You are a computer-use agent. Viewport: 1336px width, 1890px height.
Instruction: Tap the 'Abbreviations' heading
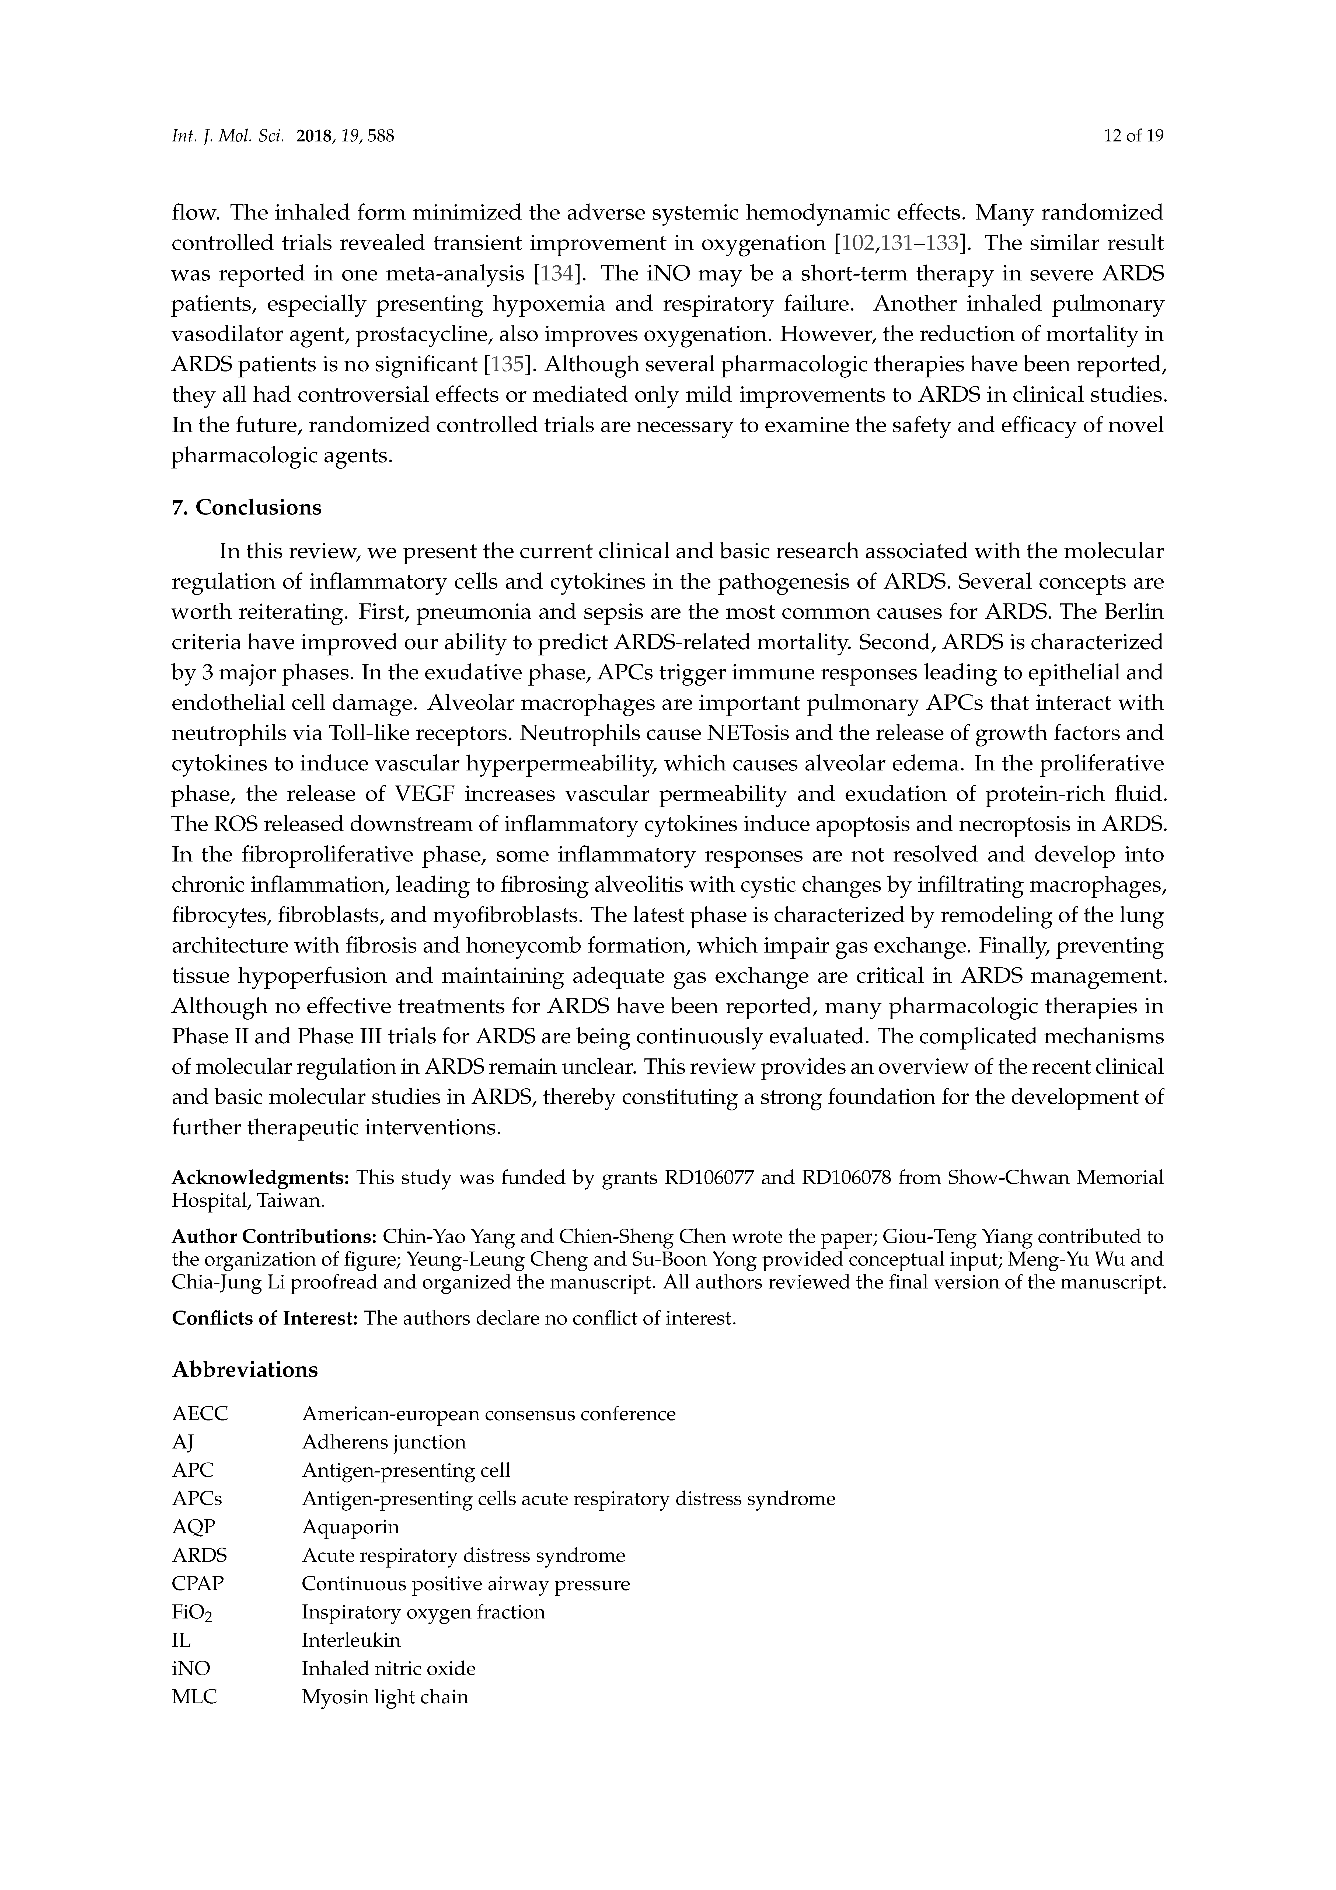(x=245, y=1370)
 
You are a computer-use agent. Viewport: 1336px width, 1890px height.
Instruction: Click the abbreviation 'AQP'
(x=193, y=1527)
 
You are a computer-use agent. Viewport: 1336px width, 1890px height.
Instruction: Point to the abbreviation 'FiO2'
(x=192, y=1613)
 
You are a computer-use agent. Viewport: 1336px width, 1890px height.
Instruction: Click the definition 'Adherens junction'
(x=383, y=1442)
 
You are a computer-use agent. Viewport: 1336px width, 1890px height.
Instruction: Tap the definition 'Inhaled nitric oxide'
(x=389, y=1669)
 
